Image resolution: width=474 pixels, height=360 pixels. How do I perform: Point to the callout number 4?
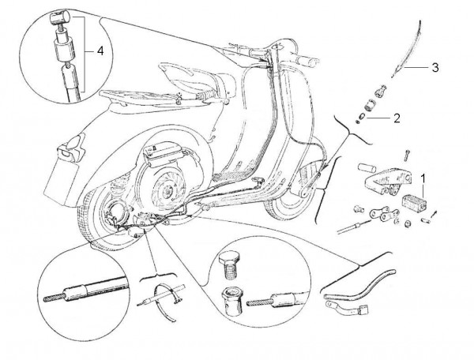(x=99, y=51)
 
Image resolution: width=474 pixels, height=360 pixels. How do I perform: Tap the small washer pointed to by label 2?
(x=359, y=121)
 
